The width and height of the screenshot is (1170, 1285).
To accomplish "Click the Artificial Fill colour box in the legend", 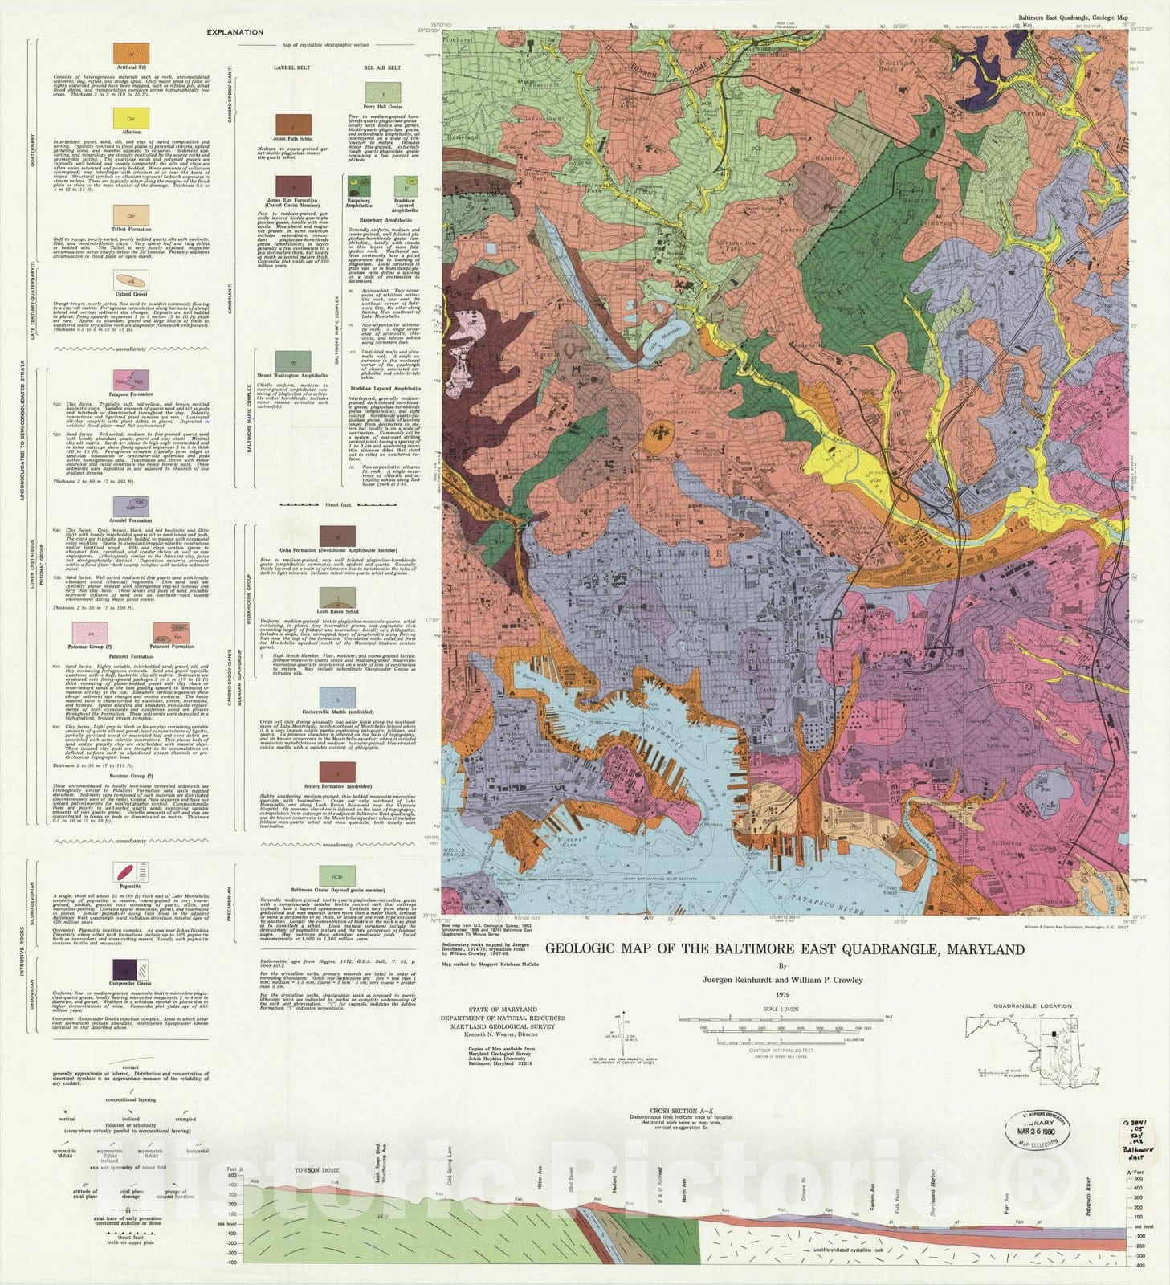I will click(x=131, y=54).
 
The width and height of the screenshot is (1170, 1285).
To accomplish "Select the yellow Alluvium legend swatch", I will click(x=131, y=119).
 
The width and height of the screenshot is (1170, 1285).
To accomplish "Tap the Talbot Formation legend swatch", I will click(x=131, y=215).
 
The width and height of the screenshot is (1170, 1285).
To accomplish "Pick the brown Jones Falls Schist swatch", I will click(x=293, y=124).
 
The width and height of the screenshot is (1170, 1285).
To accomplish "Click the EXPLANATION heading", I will click(x=234, y=33).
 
